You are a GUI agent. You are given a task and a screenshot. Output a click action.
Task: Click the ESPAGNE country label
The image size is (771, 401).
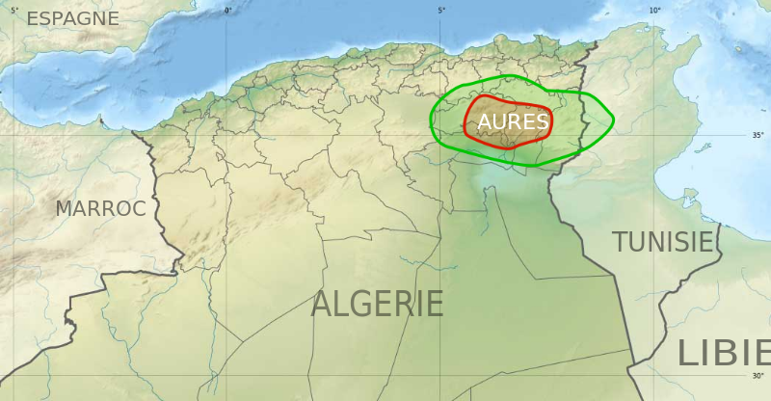tap(72, 18)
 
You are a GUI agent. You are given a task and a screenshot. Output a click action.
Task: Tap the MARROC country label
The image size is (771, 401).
tap(100, 208)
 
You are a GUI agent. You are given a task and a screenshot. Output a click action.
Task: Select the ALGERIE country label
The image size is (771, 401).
tap(377, 305)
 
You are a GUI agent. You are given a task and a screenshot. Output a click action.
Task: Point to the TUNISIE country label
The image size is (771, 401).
tap(664, 241)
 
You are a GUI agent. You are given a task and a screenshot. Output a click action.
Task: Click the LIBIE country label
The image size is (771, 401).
tap(723, 354)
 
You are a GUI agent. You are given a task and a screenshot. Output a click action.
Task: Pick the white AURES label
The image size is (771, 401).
tap(513, 122)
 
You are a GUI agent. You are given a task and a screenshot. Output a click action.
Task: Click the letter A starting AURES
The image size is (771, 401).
tap(485, 122)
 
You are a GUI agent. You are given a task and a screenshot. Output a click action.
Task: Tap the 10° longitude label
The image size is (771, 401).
tap(654, 11)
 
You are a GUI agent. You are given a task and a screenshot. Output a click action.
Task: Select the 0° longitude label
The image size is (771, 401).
tap(228, 11)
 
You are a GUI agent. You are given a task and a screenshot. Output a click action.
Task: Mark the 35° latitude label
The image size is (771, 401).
tap(757, 136)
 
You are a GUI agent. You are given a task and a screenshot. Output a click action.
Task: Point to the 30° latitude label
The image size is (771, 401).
tap(757, 376)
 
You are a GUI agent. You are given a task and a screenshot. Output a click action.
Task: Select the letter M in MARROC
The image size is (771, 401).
tap(65, 208)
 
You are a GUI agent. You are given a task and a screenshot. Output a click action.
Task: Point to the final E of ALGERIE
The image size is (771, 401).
tap(434, 305)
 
